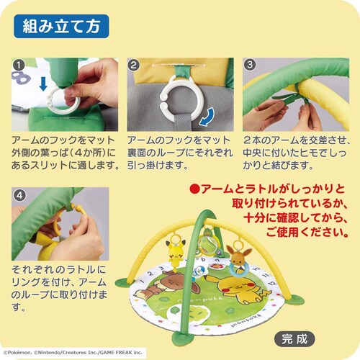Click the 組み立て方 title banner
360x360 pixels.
[x=60, y=28]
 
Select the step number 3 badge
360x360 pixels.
[x=248, y=64]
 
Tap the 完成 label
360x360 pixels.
[x=295, y=336]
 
